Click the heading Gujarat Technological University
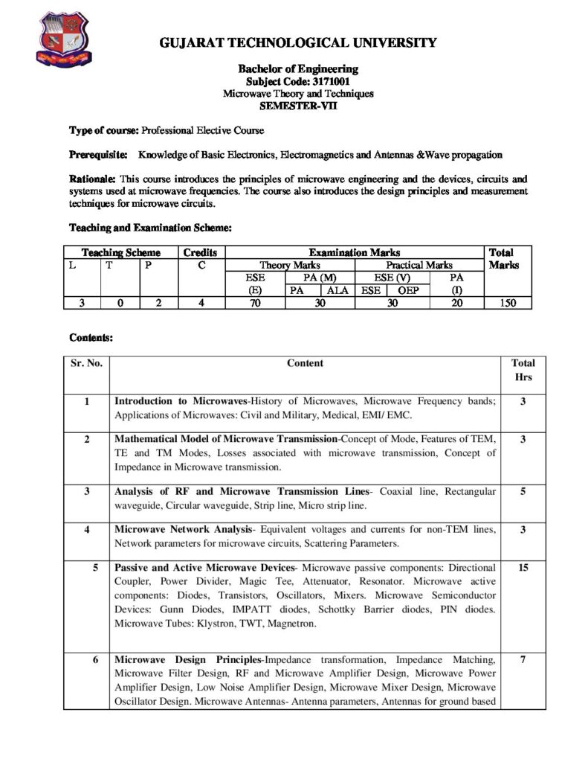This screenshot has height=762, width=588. click(x=298, y=43)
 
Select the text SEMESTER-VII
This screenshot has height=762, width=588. click(x=298, y=106)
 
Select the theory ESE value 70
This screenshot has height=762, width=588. click(x=255, y=302)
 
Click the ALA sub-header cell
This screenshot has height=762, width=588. click(x=337, y=290)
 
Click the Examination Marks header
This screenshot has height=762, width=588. click(x=354, y=252)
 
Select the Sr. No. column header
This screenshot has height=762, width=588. click(x=86, y=363)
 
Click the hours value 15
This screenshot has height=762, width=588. click(x=523, y=567)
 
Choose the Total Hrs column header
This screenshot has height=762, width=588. click(x=523, y=370)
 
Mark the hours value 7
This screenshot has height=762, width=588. click(x=523, y=659)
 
